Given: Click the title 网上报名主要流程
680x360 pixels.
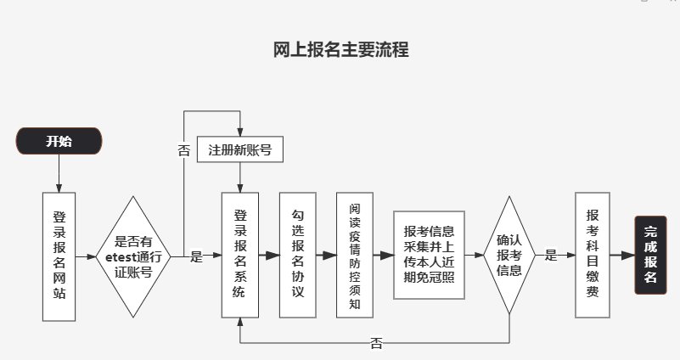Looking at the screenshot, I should pyautogui.click(x=341, y=50).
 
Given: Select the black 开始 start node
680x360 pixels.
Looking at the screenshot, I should pyautogui.click(x=59, y=142).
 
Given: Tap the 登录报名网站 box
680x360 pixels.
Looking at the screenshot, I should pyautogui.click(x=59, y=256).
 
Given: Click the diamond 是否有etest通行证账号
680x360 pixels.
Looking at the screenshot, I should pyautogui.click(x=133, y=256).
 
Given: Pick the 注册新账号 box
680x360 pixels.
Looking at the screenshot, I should pyautogui.click(x=239, y=150).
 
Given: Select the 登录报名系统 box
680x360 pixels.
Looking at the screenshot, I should pyautogui.click(x=239, y=256).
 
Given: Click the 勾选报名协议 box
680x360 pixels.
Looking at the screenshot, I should pyautogui.click(x=297, y=256).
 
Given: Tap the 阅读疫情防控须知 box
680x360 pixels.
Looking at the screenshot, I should pyautogui.click(x=354, y=256).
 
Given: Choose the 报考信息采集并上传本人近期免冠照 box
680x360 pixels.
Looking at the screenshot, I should pyautogui.click(x=429, y=256).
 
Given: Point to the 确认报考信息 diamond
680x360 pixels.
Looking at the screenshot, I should pyautogui.click(x=509, y=256).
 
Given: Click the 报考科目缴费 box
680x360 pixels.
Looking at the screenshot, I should pyautogui.click(x=593, y=256).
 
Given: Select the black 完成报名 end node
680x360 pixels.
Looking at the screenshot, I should pyautogui.click(x=650, y=256).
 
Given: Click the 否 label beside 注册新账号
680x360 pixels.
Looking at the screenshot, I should pyautogui.click(x=183, y=150).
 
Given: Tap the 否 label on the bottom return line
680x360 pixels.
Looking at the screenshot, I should pyautogui.click(x=376, y=343).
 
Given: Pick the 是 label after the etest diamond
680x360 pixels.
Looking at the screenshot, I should pyautogui.click(x=196, y=256).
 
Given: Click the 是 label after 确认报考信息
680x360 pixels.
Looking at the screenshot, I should pyautogui.click(x=550, y=255).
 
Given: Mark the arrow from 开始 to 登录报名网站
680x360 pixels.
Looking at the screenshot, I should pyautogui.click(x=59, y=174).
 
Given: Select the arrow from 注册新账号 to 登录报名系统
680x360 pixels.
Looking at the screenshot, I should pyautogui.click(x=240, y=177).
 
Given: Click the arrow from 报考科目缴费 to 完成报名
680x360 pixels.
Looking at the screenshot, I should pyautogui.click(x=622, y=256).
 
